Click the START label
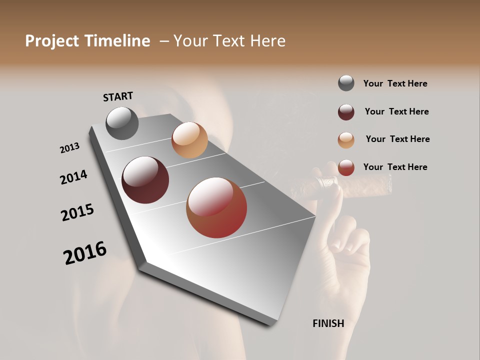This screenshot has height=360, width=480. pyautogui.click(x=118, y=96)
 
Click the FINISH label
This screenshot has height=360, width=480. pyautogui.click(x=328, y=323)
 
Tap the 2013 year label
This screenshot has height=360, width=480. pyautogui.click(x=69, y=148)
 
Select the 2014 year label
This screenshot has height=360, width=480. pyautogui.click(x=73, y=177)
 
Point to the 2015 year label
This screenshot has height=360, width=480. pyautogui.click(x=77, y=212)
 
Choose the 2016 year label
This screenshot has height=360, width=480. pyautogui.click(x=85, y=253)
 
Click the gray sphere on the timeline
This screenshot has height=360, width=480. pyautogui.click(x=122, y=123)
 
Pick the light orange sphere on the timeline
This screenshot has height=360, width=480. pyautogui.click(x=189, y=140)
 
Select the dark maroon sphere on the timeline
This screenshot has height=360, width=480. pyautogui.click(x=145, y=180)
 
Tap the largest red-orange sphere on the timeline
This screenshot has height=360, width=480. pyautogui.click(x=216, y=207)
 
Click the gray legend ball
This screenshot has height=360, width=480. pyautogui.click(x=346, y=83)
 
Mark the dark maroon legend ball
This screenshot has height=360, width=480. pyautogui.click(x=346, y=112)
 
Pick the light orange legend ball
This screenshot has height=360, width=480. pyautogui.click(x=346, y=140)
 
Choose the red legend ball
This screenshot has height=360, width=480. pyautogui.click(x=346, y=167)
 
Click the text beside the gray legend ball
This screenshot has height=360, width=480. pyautogui.click(x=395, y=83)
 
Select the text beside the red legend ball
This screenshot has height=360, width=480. pyautogui.click(x=395, y=167)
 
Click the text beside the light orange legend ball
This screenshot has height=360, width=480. pyautogui.click(x=397, y=139)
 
